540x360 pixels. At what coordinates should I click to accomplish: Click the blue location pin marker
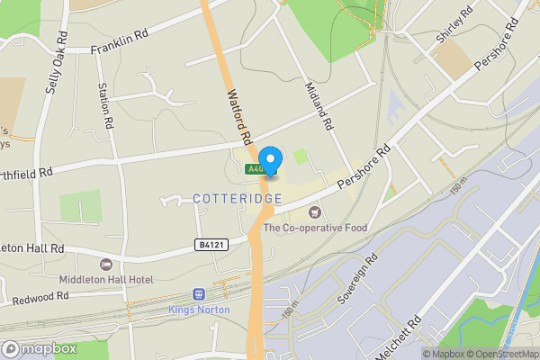coord(268,157)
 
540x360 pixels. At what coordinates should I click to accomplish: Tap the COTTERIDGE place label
coord(238,198)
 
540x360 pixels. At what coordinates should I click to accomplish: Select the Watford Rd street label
coord(238,114)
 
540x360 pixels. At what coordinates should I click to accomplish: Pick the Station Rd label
coord(105,104)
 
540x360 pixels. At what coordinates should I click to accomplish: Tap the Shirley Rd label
coord(455,26)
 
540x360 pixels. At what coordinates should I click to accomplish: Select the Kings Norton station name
coord(199,310)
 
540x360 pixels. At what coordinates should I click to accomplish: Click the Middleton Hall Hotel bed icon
coord(106,265)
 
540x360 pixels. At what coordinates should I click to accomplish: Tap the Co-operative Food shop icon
coord(314,212)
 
